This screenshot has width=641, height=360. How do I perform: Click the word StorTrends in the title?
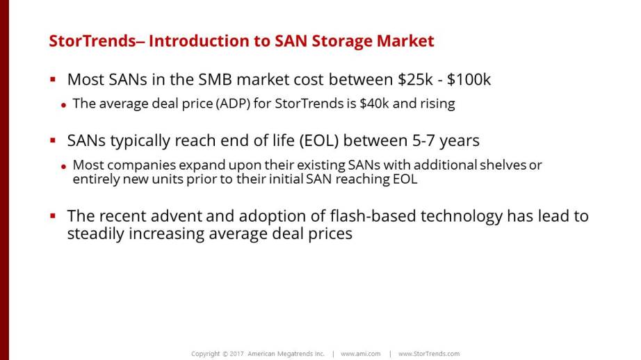[x=92, y=41]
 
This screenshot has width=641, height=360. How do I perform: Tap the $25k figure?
[x=415, y=79]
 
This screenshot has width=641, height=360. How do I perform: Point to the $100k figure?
[x=469, y=79]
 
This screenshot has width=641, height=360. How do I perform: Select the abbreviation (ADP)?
[x=233, y=104]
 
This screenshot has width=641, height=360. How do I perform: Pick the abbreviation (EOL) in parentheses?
[x=319, y=140]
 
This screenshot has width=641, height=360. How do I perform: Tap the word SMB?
[x=216, y=79]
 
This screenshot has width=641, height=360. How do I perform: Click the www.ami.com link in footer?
[x=361, y=354]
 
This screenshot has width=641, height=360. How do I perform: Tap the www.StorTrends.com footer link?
[x=429, y=354]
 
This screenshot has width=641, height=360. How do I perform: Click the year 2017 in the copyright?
[x=236, y=354]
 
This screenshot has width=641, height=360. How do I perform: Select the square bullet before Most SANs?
[x=53, y=79]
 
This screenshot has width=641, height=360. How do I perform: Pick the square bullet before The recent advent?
[x=53, y=215]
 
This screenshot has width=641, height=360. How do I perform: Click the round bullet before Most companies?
[x=63, y=166]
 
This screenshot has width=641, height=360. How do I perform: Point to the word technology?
[x=462, y=217]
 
